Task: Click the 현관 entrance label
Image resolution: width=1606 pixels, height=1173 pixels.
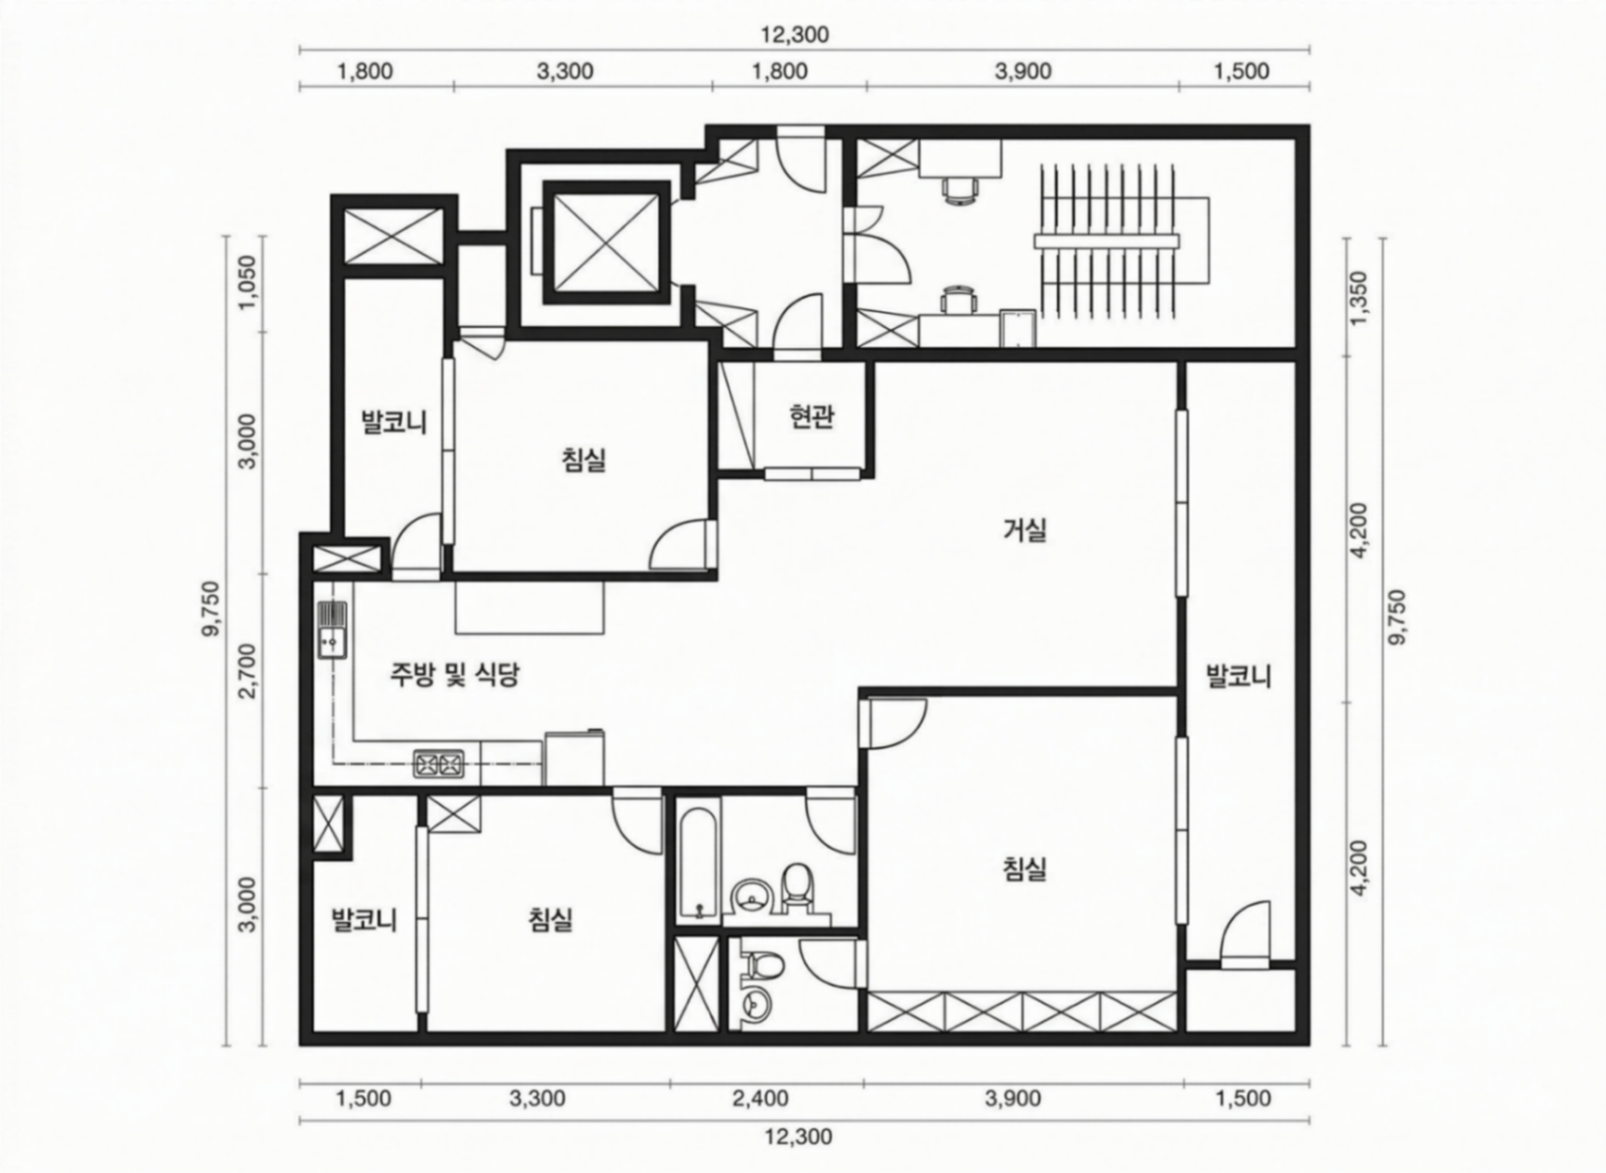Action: point(811,417)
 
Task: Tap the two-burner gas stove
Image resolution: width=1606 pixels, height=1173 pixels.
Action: point(439,765)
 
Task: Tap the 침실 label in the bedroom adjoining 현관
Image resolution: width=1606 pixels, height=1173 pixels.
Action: point(584,459)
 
